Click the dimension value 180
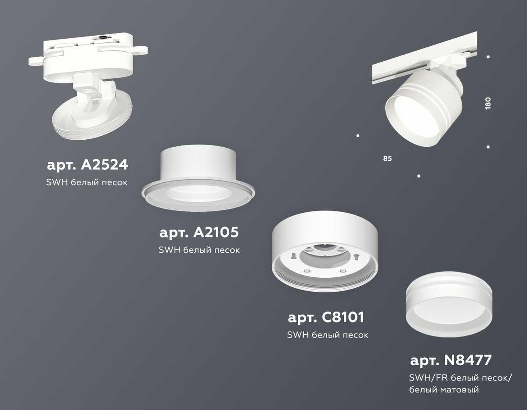[x=488, y=102]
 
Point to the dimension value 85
[x=387, y=158]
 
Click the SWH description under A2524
[x=87, y=182]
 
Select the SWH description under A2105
[x=199, y=250]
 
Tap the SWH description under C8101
[x=327, y=335]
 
